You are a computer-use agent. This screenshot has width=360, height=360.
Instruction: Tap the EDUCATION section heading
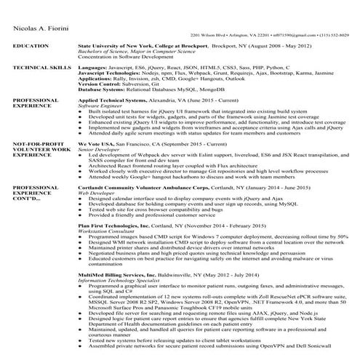coord(29,45)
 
